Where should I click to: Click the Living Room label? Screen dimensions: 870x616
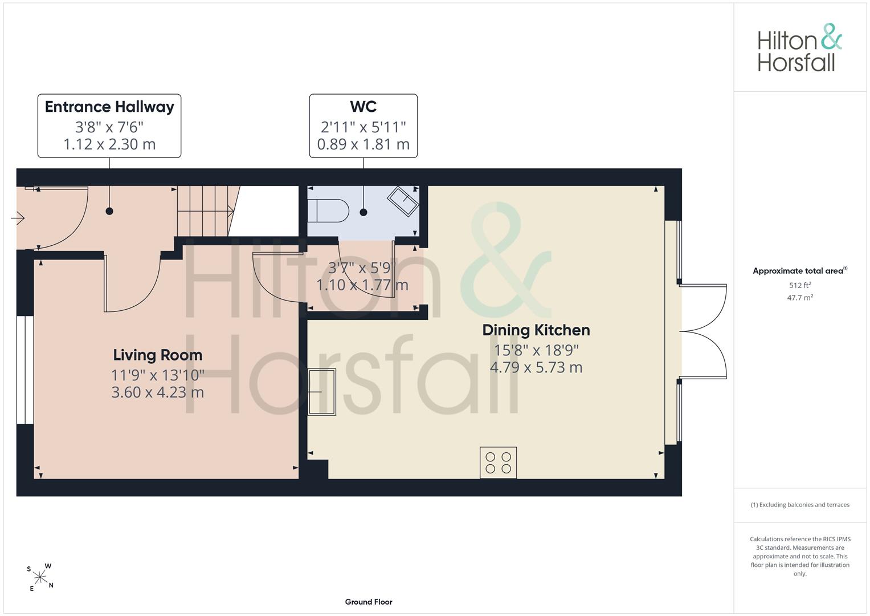(158, 355)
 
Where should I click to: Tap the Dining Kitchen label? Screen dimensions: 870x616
(536, 330)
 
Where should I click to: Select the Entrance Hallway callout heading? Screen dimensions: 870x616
(109, 107)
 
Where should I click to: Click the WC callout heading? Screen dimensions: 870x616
(363, 107)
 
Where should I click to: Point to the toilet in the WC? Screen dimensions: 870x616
(328, 211)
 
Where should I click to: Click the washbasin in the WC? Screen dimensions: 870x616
(403, 201)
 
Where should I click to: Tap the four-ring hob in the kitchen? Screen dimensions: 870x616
(499, 463)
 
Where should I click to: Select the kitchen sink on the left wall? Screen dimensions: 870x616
(321, 392)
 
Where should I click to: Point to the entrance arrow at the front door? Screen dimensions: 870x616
(18, 218)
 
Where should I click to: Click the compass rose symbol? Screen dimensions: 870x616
(40, 577)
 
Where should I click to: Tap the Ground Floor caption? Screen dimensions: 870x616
(369, 602)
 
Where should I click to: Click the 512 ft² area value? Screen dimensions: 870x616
(800, 285)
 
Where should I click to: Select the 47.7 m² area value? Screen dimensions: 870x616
(800, 298)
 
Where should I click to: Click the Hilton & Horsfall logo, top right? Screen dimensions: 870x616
(800, 48)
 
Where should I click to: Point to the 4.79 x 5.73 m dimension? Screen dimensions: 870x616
(536, 367)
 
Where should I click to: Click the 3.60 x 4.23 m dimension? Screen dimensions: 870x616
(158, 392)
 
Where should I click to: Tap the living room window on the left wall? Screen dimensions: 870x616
(25, 370)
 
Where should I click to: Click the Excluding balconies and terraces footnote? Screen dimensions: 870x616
(800, 505)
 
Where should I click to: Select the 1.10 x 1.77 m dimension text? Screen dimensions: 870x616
(362, 285)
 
